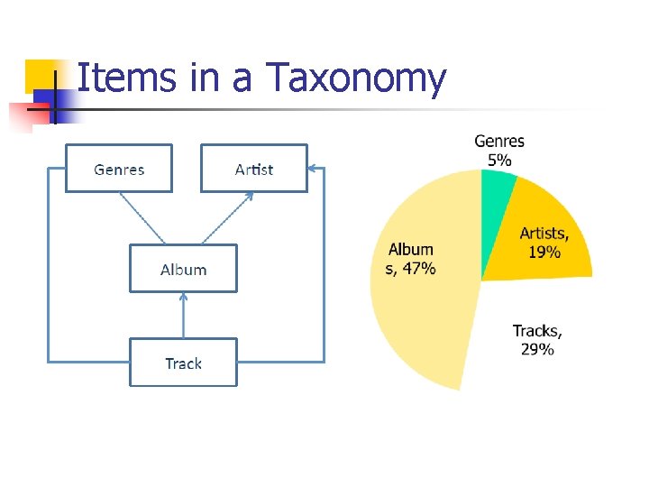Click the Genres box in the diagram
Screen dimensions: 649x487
pos(118,169)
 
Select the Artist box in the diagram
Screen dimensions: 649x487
pos(253,169)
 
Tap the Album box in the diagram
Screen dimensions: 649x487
pos(183,269)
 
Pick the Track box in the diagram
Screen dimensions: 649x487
pos(183,363)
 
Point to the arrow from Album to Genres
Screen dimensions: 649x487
pos(142,217)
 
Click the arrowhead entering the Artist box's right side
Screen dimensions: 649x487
pos(312,168)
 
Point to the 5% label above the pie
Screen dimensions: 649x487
pos(499,160)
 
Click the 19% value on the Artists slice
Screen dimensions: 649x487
pos(544,253)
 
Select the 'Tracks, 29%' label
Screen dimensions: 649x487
pos(537,340)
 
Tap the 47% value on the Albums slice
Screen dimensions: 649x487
pos(419,268)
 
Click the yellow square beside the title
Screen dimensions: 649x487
pos(41,74)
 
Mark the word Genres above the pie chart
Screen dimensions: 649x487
pos(499,142)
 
